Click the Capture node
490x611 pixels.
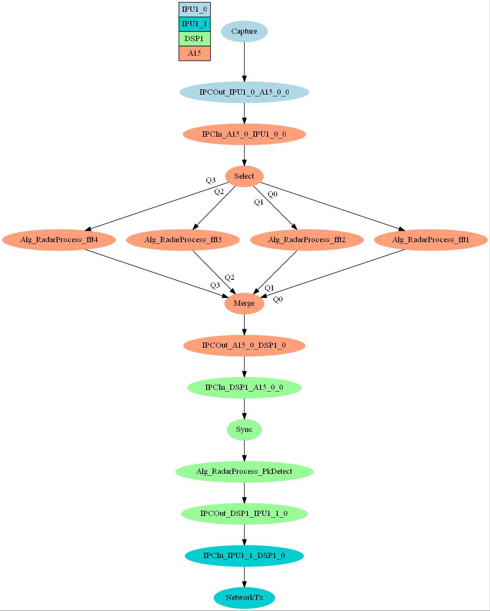point(244,32)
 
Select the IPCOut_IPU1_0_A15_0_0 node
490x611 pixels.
point(244,92)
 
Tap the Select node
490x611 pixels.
point(244,176)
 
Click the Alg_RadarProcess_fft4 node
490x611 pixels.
point(59,240)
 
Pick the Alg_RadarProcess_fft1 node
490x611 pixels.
point(431,240)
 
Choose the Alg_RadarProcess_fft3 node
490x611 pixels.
point(183,240)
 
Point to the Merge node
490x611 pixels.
point(244,303)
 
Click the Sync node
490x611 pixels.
point(244,429)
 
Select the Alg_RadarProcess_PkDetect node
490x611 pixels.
point(244,471)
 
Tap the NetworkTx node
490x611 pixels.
point(244,597)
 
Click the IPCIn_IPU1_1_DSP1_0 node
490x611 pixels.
point(244,555)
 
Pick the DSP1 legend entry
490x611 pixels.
point(194,39)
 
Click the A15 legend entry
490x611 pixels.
point(194,53)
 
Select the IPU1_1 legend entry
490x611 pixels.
point(194,24)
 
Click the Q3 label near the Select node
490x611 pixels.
point(211,180)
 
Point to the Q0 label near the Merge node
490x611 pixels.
point(278,300)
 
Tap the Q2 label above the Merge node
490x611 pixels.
point(229,277)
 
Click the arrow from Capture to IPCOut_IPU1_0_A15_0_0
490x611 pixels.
point(244,62)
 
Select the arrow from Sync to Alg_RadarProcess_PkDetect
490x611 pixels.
point(244,450)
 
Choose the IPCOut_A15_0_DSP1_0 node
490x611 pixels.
point(244,345)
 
